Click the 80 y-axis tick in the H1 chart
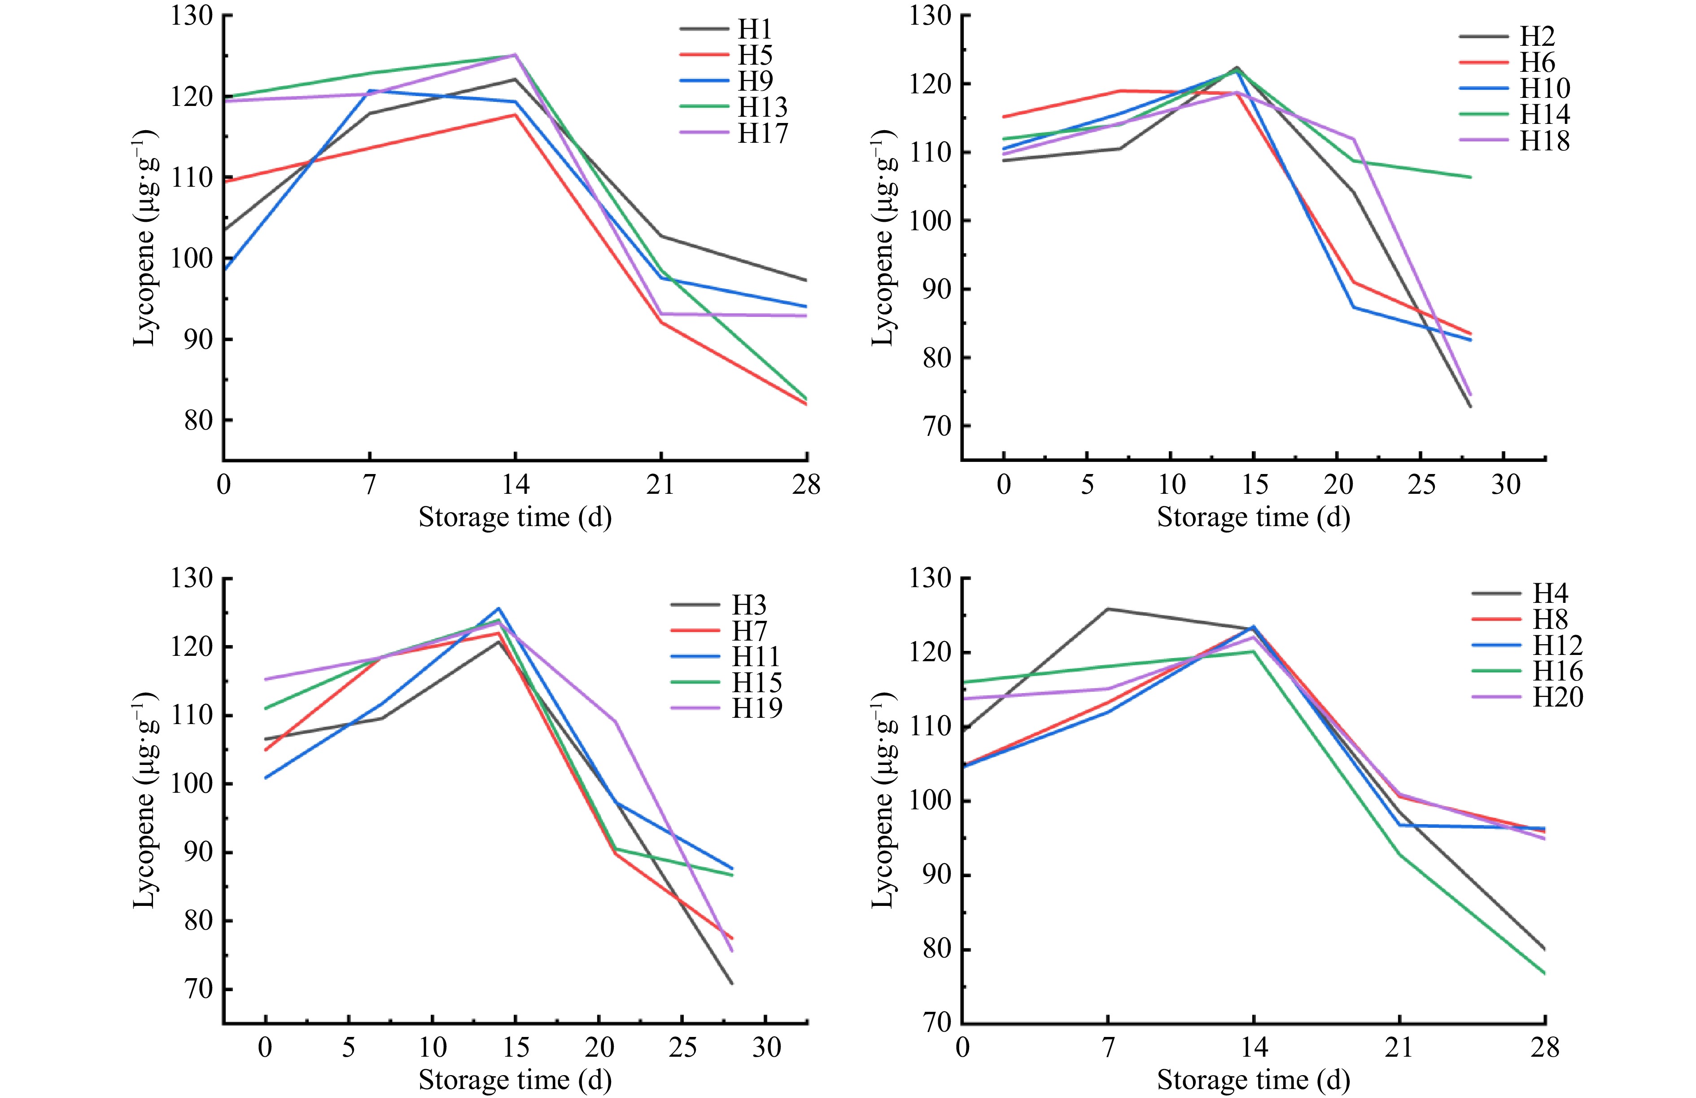pos(198,421)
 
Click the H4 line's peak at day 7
pos(1108,609)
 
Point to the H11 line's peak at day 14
pos(499,608)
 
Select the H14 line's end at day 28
pos(1470,177)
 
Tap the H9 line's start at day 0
pos(224,269)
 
